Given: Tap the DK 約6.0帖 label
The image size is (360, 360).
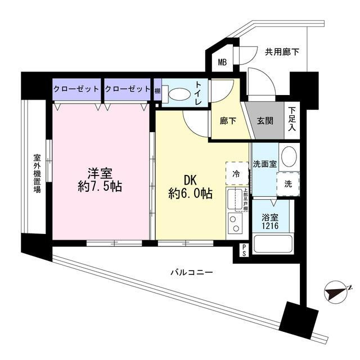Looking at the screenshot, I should [x=191, y=187].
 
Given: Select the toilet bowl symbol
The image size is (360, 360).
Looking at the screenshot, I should [x=179, y=95].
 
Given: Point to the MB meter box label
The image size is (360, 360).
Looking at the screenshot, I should [x=223, y=62].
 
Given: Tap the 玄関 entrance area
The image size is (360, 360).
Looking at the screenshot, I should [x=265, y=119].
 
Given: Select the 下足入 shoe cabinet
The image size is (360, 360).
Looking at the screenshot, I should [x=291, y=119].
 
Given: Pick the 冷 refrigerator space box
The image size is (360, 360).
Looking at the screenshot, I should [x=236, y=173].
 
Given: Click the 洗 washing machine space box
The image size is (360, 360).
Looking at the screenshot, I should [x=288, y=183].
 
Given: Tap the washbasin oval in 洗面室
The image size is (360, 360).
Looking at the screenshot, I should [x=288, y=156].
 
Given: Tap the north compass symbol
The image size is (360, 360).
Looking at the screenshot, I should [x=337, y=292].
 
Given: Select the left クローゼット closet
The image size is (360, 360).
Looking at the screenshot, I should [x=77, y=89].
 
